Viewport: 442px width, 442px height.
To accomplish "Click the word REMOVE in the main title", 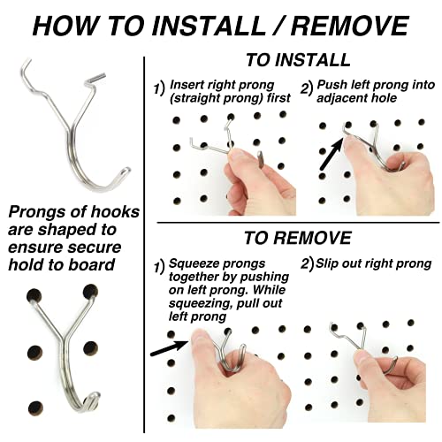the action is (350, 26).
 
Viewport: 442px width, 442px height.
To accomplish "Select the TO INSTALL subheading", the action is (298, 60).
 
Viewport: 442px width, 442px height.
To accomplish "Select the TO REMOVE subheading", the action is (298, 238).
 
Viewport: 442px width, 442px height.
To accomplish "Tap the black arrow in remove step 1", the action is (169, 347).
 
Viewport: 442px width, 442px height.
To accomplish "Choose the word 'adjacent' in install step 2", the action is (341, 98).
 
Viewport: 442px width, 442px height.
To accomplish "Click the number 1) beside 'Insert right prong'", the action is (159, 88).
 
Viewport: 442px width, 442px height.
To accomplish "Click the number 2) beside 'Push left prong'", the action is (307, 88).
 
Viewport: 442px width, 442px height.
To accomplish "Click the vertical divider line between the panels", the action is (144, 245).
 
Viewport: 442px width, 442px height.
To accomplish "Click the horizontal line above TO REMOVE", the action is (298, 223).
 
